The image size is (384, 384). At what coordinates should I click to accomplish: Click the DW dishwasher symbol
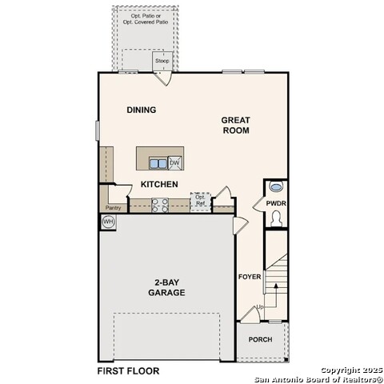(x=175, y=163)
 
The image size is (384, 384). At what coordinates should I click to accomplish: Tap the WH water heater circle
(x=108, y=222)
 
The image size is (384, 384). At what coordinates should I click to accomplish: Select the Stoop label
(x=162, y=61)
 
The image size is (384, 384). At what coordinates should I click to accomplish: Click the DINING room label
(x=142, y=110)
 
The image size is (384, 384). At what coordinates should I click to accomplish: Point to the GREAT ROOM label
(x=236, y=126)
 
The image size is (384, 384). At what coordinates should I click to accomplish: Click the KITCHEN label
(x=159, y=184)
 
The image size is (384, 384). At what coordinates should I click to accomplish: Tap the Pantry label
(x=113, y=208)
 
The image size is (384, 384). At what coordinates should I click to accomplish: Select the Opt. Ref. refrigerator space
(x=201, y=202)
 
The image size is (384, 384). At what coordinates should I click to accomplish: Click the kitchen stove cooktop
(x=160, y=206)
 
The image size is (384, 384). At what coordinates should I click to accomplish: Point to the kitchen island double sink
(x=158, y=163)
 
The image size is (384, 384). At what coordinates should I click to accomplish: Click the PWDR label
(x=276, y=203)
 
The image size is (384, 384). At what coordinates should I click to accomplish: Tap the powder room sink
(x=276, y=186)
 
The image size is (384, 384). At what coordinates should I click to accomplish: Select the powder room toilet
(x=276, y=218)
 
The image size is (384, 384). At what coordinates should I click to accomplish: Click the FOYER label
(x=250, y=277)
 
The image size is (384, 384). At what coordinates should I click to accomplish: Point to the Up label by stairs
(x=260, y=307)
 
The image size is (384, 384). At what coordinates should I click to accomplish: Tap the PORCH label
(x=261, y=339)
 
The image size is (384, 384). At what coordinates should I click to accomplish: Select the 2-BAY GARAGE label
(x=166, y=287)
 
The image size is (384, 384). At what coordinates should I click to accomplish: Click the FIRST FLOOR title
(x=128, y=371)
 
